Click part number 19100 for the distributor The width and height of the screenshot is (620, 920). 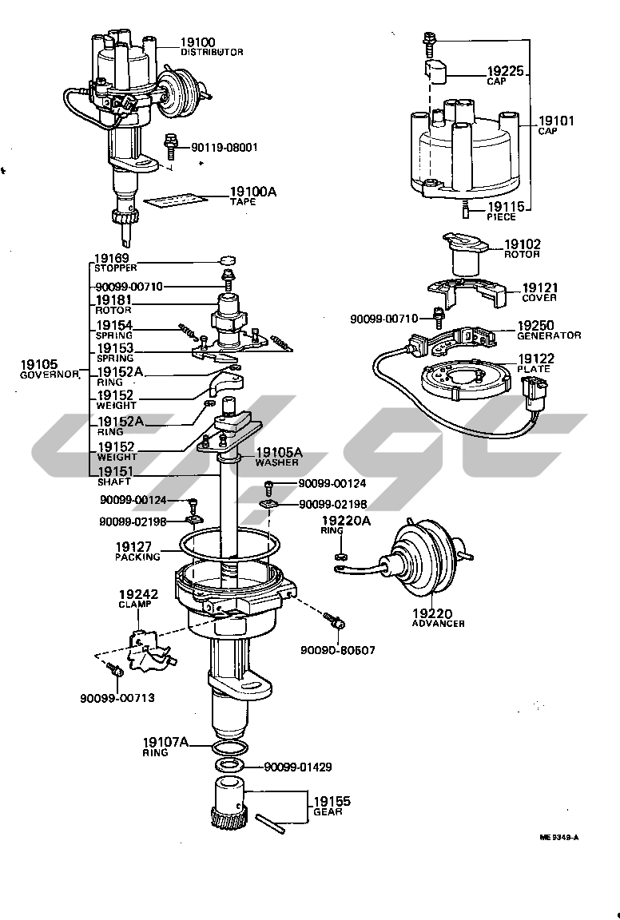tap(197, 42)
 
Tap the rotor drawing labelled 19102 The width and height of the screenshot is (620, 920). tap(461, 251)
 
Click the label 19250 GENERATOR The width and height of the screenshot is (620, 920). tap(548, 330)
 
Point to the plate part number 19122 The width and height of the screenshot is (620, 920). tap(535, 359)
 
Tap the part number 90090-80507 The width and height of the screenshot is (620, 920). tap(337, 650)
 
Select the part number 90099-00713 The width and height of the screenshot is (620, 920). tap(117, 697)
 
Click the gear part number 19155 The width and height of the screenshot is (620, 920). tap(331, 801)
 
